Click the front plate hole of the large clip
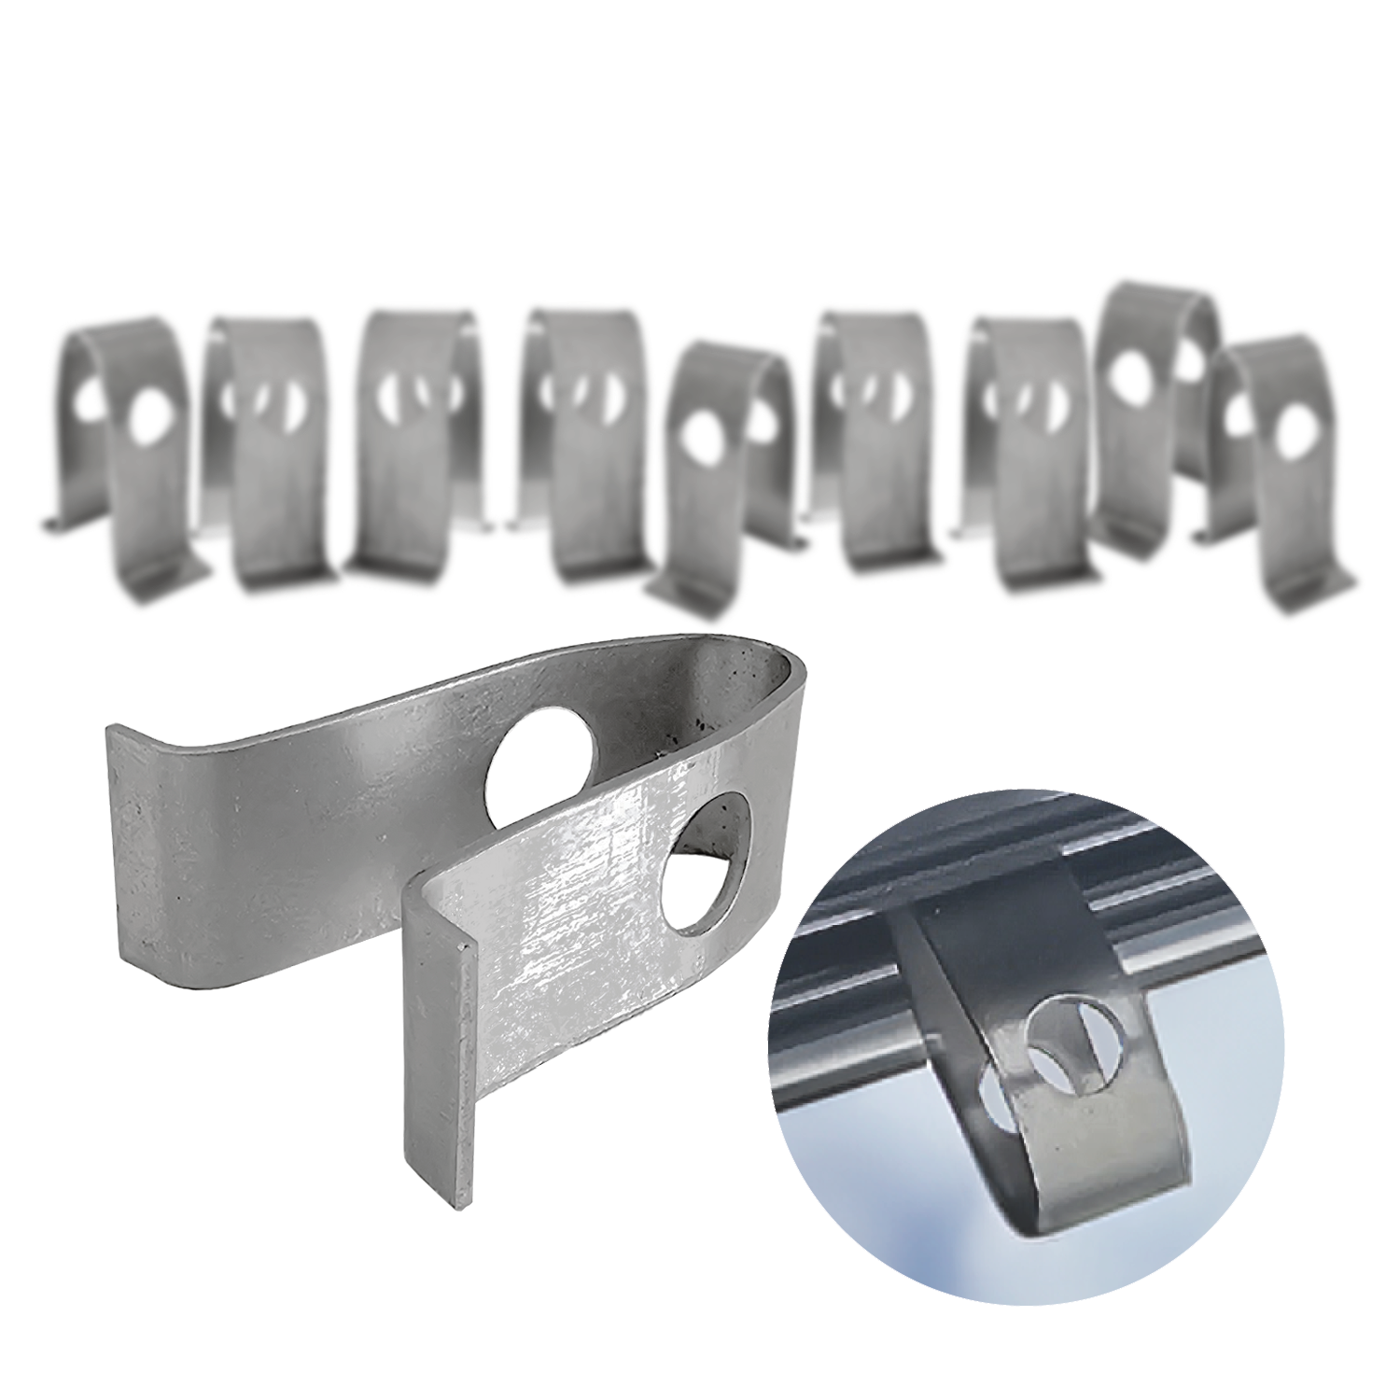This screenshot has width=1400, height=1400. [x=707, y=864]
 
